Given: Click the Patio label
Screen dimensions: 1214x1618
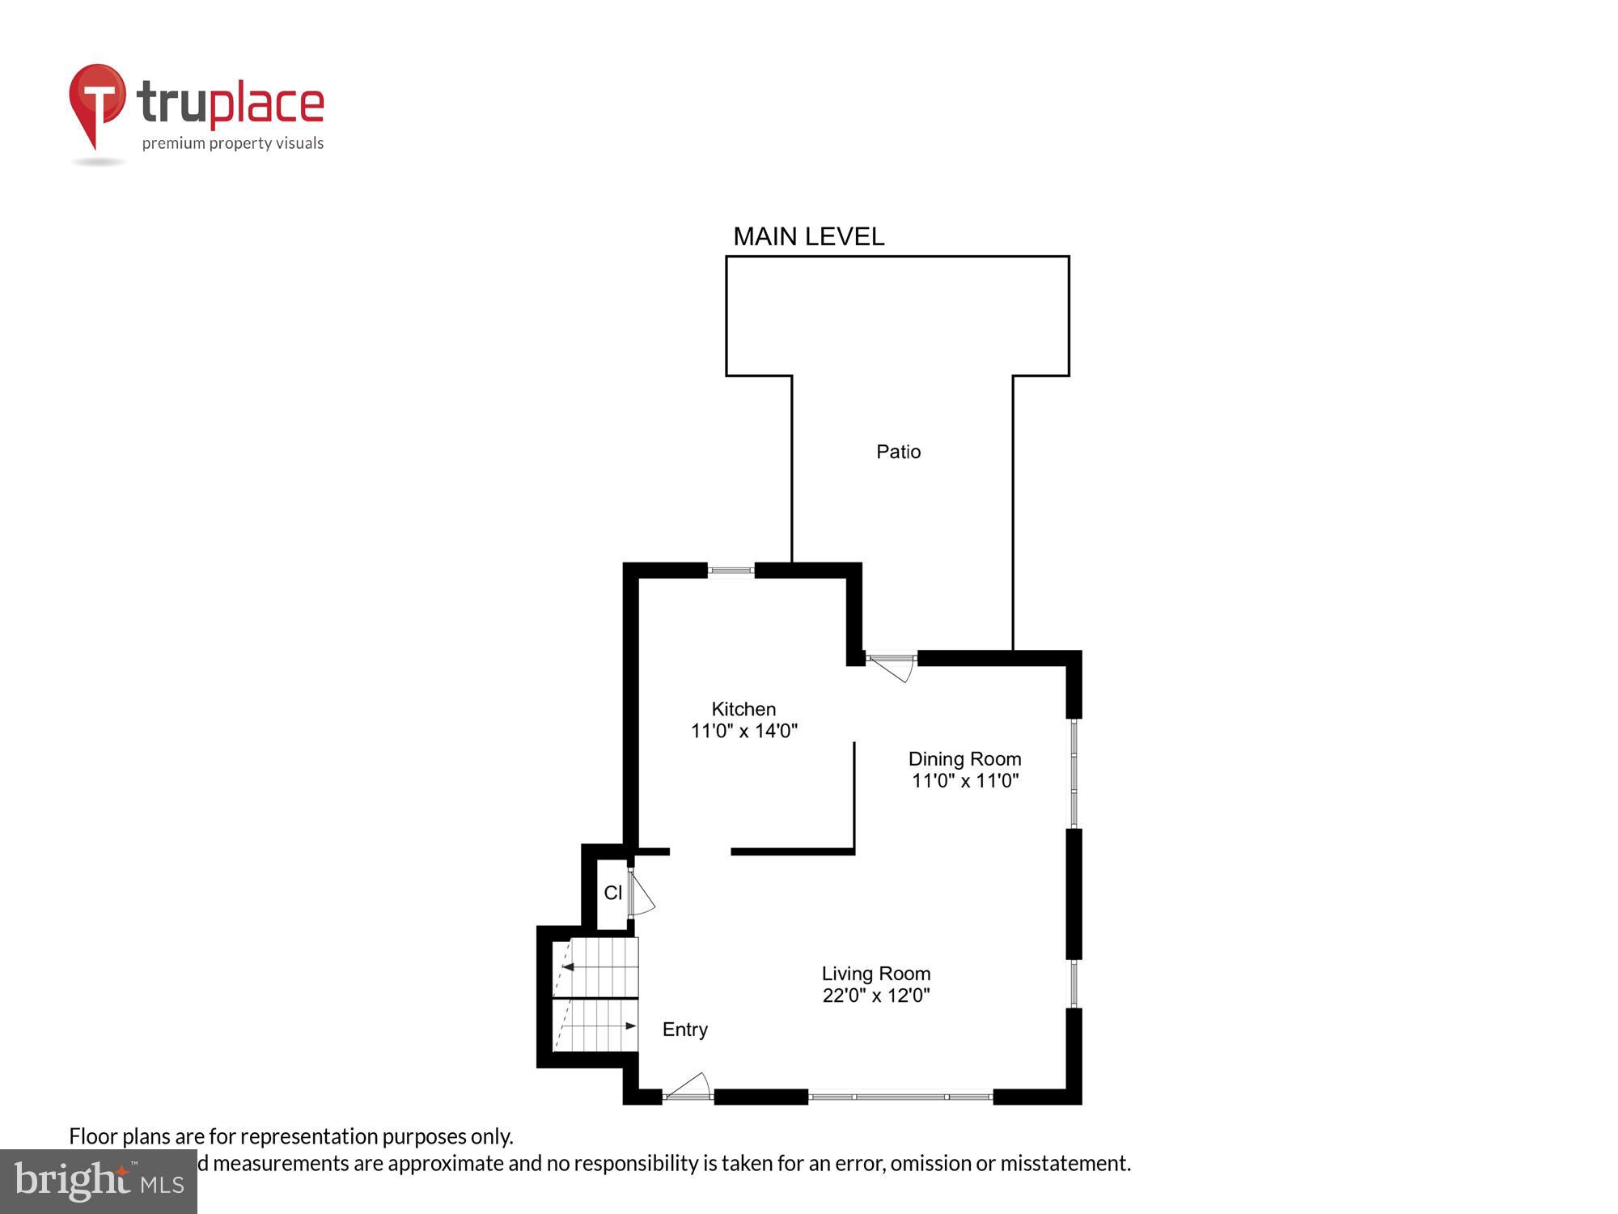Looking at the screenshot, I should pos(898,452).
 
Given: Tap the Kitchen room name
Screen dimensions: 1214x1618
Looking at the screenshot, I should pos(743,709).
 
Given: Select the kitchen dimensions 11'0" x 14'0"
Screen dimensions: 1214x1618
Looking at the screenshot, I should pos(743,731).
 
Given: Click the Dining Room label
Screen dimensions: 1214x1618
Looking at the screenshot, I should pos(964,759).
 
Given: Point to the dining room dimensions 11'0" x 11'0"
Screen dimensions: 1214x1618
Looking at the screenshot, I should pos(964,781).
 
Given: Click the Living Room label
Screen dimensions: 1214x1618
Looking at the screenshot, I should pos(876,974).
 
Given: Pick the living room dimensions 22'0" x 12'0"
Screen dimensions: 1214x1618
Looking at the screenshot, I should pos(876,995).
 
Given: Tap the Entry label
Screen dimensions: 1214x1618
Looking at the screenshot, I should pos(684,1029).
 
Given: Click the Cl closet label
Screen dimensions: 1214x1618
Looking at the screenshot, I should pos(612,893).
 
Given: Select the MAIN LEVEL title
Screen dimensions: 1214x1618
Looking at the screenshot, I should pos(808,236).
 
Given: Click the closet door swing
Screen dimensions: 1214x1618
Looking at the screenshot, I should pos(642,895).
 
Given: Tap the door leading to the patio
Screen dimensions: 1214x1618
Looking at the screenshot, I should pos(892,667).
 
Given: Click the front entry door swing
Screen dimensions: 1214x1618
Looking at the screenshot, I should pos(688,1087).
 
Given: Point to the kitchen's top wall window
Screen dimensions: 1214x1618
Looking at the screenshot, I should pos(731,571).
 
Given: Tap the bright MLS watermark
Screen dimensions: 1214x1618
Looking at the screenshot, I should pos(98,1182).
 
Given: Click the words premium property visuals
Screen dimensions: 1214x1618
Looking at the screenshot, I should pos(233,144).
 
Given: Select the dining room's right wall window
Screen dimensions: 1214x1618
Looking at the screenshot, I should pos(1074,773).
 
